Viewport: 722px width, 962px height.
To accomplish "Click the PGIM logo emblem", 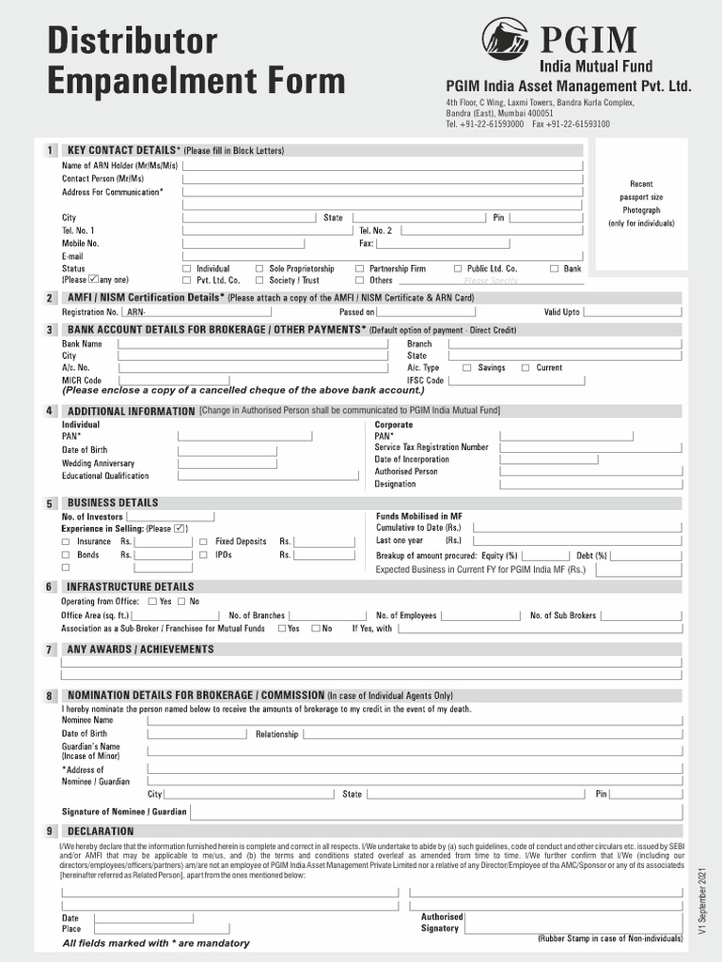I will [505, 39].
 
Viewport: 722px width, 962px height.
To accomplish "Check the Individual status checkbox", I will [186, 269].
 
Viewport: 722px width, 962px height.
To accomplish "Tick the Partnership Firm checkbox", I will [359, 269].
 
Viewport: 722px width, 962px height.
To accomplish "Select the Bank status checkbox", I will [555, 269].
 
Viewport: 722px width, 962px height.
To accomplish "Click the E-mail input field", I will [382, 256].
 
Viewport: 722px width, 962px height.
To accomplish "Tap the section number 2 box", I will [49, 298].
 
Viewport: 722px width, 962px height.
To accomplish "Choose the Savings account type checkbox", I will [467, 368].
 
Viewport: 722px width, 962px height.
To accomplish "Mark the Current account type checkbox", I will [526, 368].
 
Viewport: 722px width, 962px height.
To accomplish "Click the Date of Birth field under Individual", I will [228, 450].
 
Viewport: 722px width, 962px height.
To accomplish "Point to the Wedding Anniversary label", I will [98, 463].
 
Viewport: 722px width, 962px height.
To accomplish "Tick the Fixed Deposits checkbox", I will [204, 542].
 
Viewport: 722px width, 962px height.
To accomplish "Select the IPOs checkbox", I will [204, 555].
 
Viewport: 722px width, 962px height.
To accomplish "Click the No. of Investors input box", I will [170, 517].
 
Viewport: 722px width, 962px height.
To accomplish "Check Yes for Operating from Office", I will [150, 601].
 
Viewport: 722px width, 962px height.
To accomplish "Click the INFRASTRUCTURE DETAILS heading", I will [130, 587].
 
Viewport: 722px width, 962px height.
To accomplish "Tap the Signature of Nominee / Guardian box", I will [434, 812].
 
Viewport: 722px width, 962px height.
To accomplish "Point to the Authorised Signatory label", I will [442, 923].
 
